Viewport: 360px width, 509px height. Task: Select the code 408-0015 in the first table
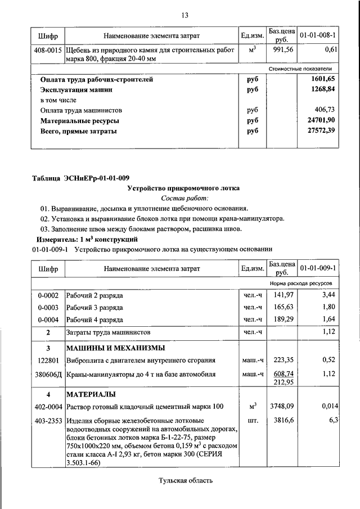[48, 50]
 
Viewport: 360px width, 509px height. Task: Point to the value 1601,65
[323, 79]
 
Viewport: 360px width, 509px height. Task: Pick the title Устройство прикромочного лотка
[184, 188]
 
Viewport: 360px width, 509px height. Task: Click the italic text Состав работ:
[184, 199]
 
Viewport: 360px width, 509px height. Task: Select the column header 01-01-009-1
[318, 269]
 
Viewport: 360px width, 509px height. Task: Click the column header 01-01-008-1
[318, 35]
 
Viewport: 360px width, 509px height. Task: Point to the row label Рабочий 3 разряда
[94, 308]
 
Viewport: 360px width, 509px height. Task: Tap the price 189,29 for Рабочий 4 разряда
[281, 320]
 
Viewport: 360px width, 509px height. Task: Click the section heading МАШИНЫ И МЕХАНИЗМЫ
[115, 347]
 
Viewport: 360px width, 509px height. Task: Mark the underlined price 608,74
[281, 372]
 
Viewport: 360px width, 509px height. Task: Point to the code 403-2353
[48, 420]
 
